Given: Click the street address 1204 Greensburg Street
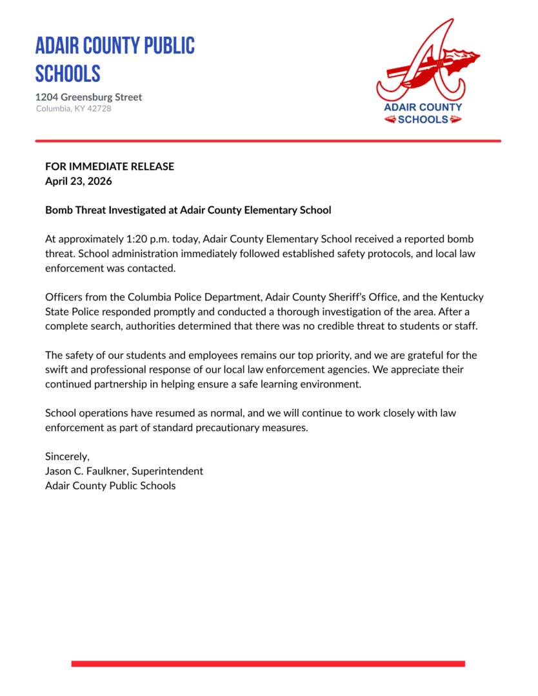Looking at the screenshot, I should coord(88,97).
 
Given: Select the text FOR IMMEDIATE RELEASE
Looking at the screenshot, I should coord(110,166).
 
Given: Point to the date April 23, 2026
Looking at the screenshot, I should coord(78,181).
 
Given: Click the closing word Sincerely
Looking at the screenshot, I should coord(67,457).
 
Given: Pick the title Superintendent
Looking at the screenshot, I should coord(171,471).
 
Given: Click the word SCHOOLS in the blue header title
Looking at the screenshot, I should coord(68,73).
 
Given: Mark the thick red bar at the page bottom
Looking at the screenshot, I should coord(268,663).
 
